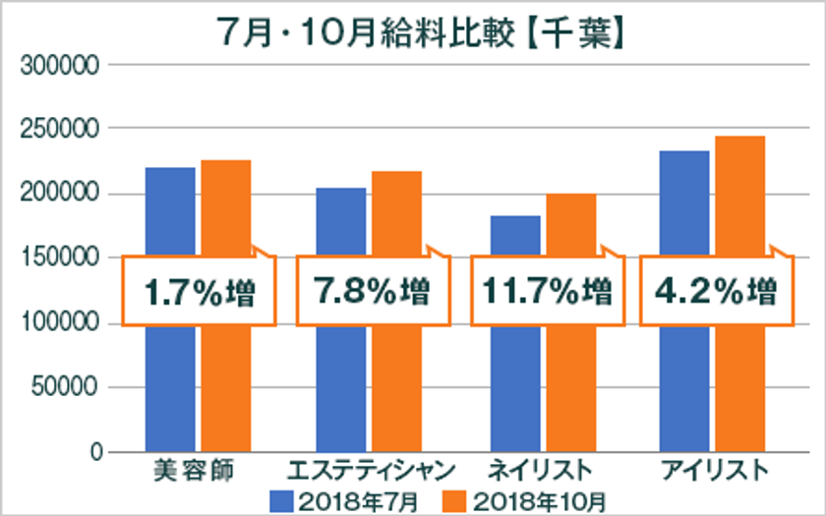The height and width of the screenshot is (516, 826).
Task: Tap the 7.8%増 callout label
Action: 370,291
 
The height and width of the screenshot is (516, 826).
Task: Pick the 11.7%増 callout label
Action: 547,291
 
